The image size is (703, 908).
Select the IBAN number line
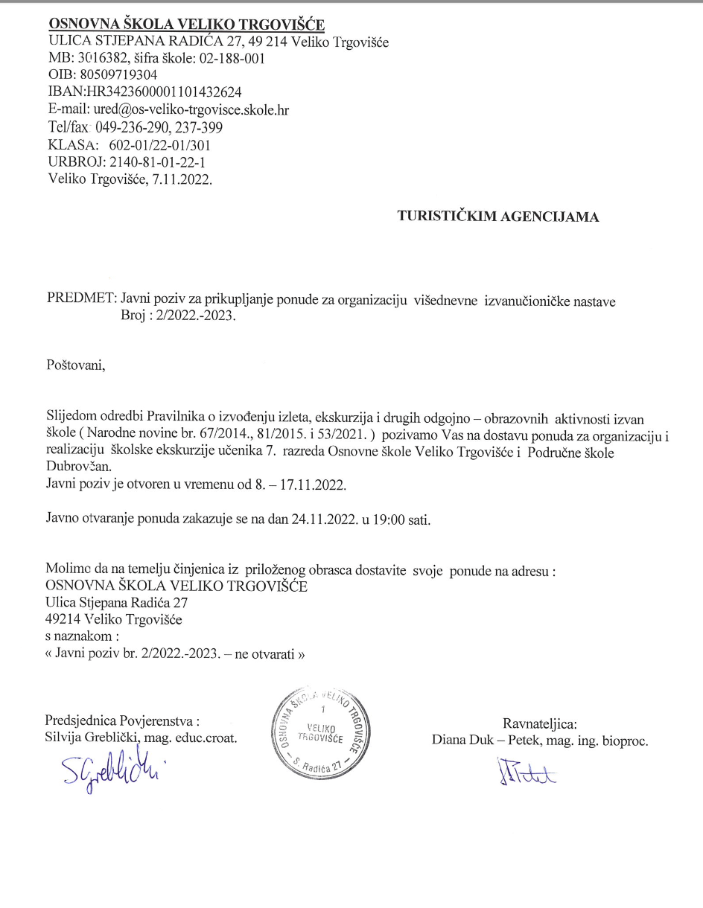(144, 92)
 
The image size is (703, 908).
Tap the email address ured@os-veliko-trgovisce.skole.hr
(188, 110)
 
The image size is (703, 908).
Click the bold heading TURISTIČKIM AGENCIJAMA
(498, 217)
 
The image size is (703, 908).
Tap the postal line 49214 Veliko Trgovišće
(114, 619)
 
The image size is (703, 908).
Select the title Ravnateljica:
(540, 723)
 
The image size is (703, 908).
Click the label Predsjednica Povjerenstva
(121, 720)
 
